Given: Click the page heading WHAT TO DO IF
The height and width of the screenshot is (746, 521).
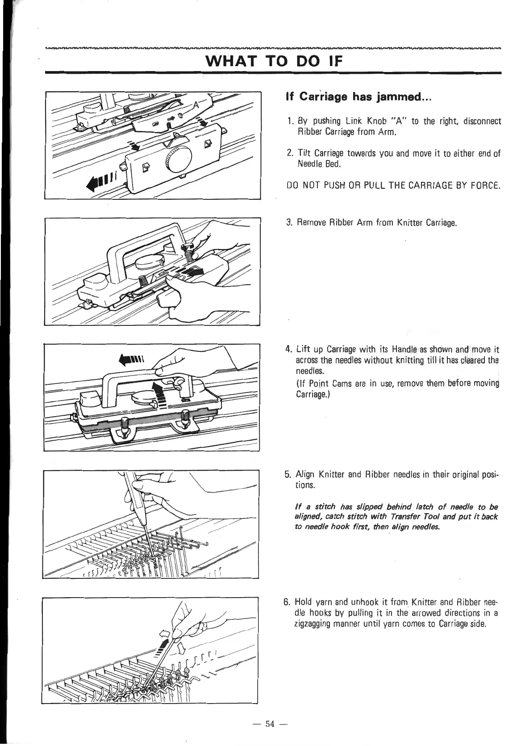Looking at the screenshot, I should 272,60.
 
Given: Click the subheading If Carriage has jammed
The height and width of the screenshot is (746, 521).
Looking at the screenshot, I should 358,97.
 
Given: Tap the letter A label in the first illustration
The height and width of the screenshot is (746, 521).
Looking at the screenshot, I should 196,105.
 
